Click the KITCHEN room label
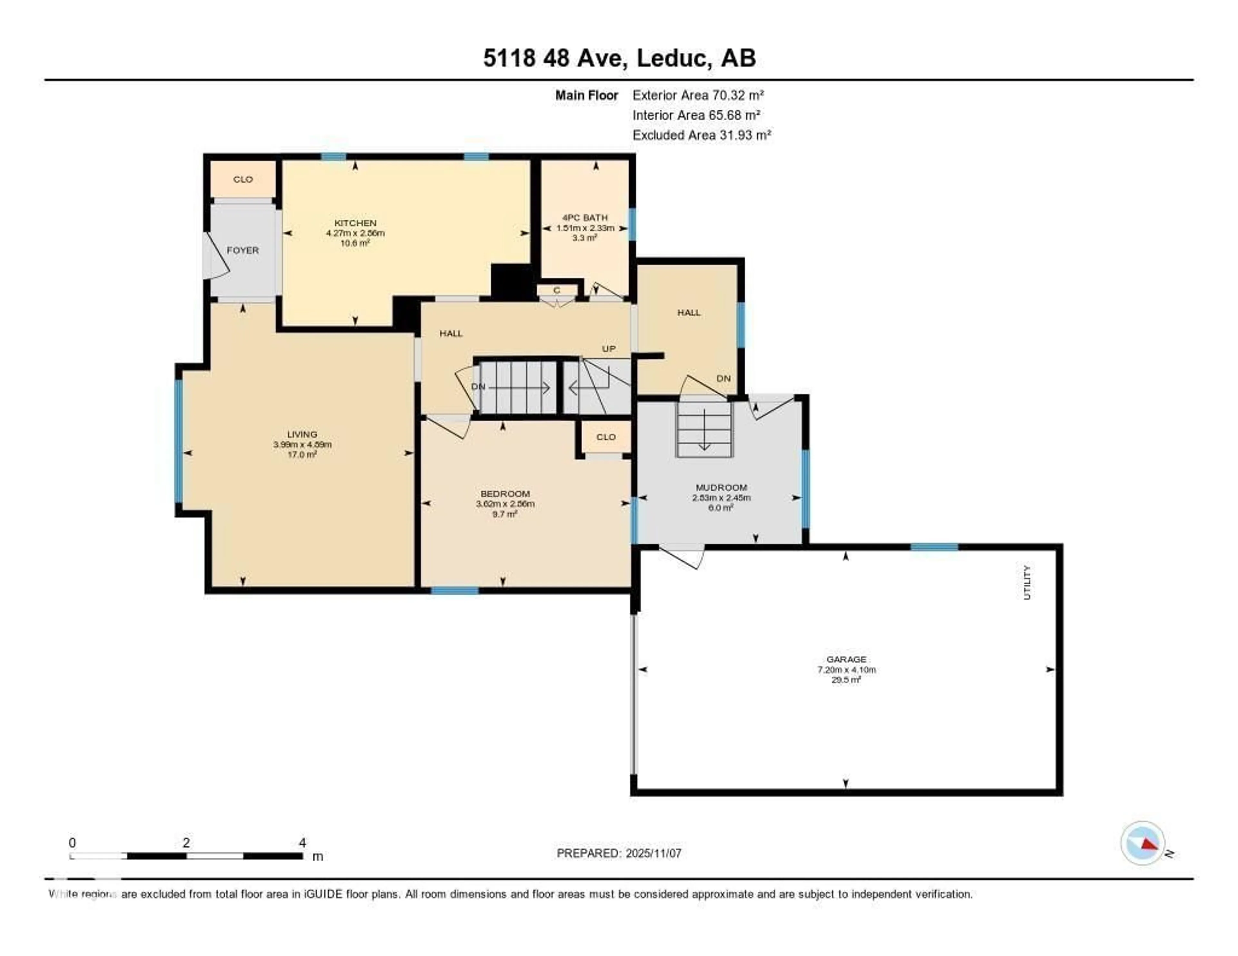[355, 223]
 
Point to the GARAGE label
[846, 659]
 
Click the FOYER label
[243, 250]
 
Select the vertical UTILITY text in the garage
[1027, 582]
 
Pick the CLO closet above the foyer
[243, 179]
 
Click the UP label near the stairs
[608, 348]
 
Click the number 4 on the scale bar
[303, 843]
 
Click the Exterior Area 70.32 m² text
[698, 95]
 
